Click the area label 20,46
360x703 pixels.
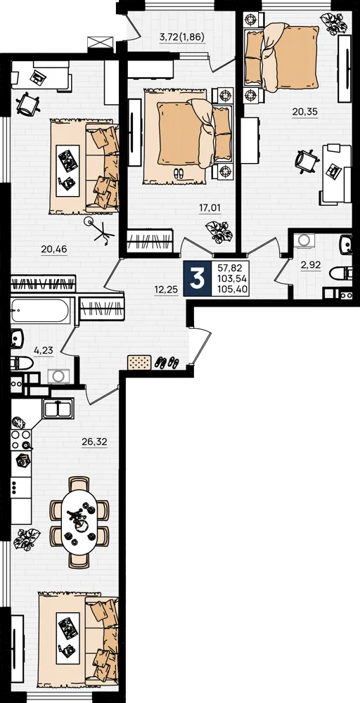[x=54, y=250]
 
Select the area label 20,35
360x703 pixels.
[x=305, y=112]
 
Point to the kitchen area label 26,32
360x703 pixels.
[x=95, y=441]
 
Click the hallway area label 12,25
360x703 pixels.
[x=167, y=290]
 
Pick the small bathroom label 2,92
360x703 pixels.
[x=311, y=265]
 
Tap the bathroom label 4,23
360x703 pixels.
[x=43, y=351]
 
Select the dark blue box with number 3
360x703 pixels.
[x=198, y=278]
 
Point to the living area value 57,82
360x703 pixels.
[x=229, y=269]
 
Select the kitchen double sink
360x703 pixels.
[x=58, y=408]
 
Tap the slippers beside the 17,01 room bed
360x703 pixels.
[x=177, y=173]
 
